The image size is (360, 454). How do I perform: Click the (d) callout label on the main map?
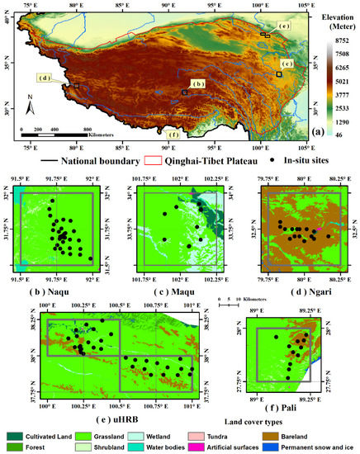[45, 79]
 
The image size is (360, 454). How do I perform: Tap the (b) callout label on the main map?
[197, 83]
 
